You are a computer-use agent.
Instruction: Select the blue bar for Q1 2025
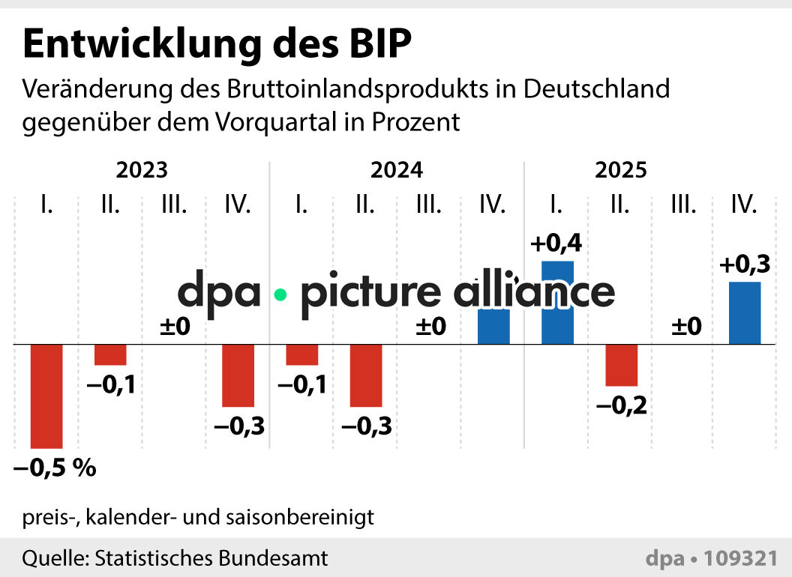[x=557, y=303]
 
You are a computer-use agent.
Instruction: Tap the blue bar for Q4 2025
[x=745, y=313]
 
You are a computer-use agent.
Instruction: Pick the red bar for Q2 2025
[x=621, y=365]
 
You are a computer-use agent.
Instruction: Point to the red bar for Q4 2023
[x=238, y=375]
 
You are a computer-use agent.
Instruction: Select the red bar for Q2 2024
[x=366, y=375]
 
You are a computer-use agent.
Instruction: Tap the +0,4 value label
[x=556, y=244]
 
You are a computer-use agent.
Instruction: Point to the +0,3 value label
[x=745, y=265]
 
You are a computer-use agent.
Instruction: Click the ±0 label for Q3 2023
[x=175, y=327]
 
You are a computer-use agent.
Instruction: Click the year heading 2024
[x=397, y=170]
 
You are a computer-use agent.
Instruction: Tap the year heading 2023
[x=142, y=170]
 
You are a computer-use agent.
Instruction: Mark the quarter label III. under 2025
[x=682, y=204]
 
